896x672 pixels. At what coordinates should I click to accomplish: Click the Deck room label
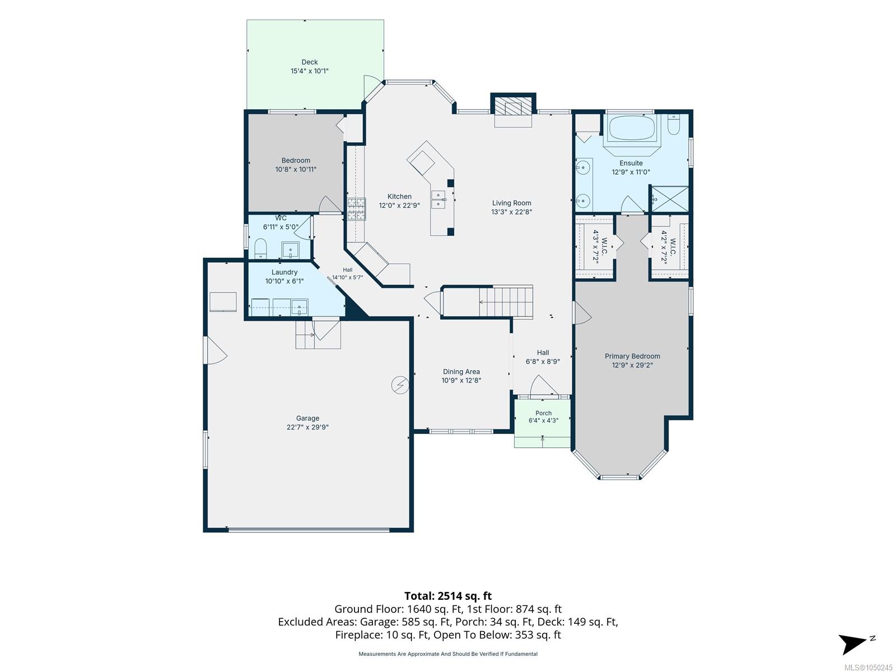pyautogui.click(x=310, y=62)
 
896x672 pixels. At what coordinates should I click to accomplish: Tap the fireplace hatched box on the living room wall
pyautogui.click(x=513, y=107)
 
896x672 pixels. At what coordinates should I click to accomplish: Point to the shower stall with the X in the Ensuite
pyautogui.click(x=669, y=199)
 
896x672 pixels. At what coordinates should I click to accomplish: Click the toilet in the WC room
pyautogui.click(x=260, y=249)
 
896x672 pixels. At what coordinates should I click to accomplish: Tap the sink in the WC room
pyautogui.click(x=290, y=250)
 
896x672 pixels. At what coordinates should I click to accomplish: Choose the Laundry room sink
pyautogui.click(x=299, y=307)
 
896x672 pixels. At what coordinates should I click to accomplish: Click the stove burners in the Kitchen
pyautogui.click(x=356, y=209)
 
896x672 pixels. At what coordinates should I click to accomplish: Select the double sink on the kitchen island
pyautogui.click(x=438, y=200)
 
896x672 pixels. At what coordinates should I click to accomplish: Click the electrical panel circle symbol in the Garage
pyautogui.click(x=400, y=385)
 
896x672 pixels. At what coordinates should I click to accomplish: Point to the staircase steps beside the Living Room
pyautogui.click(x=506, y=302)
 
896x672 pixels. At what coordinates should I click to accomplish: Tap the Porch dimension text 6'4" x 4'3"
pyautogui.click(x=543, y=420)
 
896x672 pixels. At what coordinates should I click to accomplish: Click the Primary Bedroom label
pyautogui.click(x=632, y=356)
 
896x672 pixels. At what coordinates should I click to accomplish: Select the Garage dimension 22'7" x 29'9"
pyautogui.click(x=307, y=427)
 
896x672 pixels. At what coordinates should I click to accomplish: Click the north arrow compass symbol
pyautogui.click(x=854, y=643)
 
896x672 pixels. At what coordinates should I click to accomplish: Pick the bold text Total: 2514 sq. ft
pyautogui.click(x=448, y=596)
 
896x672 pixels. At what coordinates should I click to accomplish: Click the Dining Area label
pyautogui.click(x=461, y=371)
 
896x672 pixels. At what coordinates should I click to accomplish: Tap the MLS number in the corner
pyautogui.click(x=868, y=668)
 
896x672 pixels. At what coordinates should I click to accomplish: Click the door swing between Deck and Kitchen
pyautogui.click(x=371, y=86)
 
